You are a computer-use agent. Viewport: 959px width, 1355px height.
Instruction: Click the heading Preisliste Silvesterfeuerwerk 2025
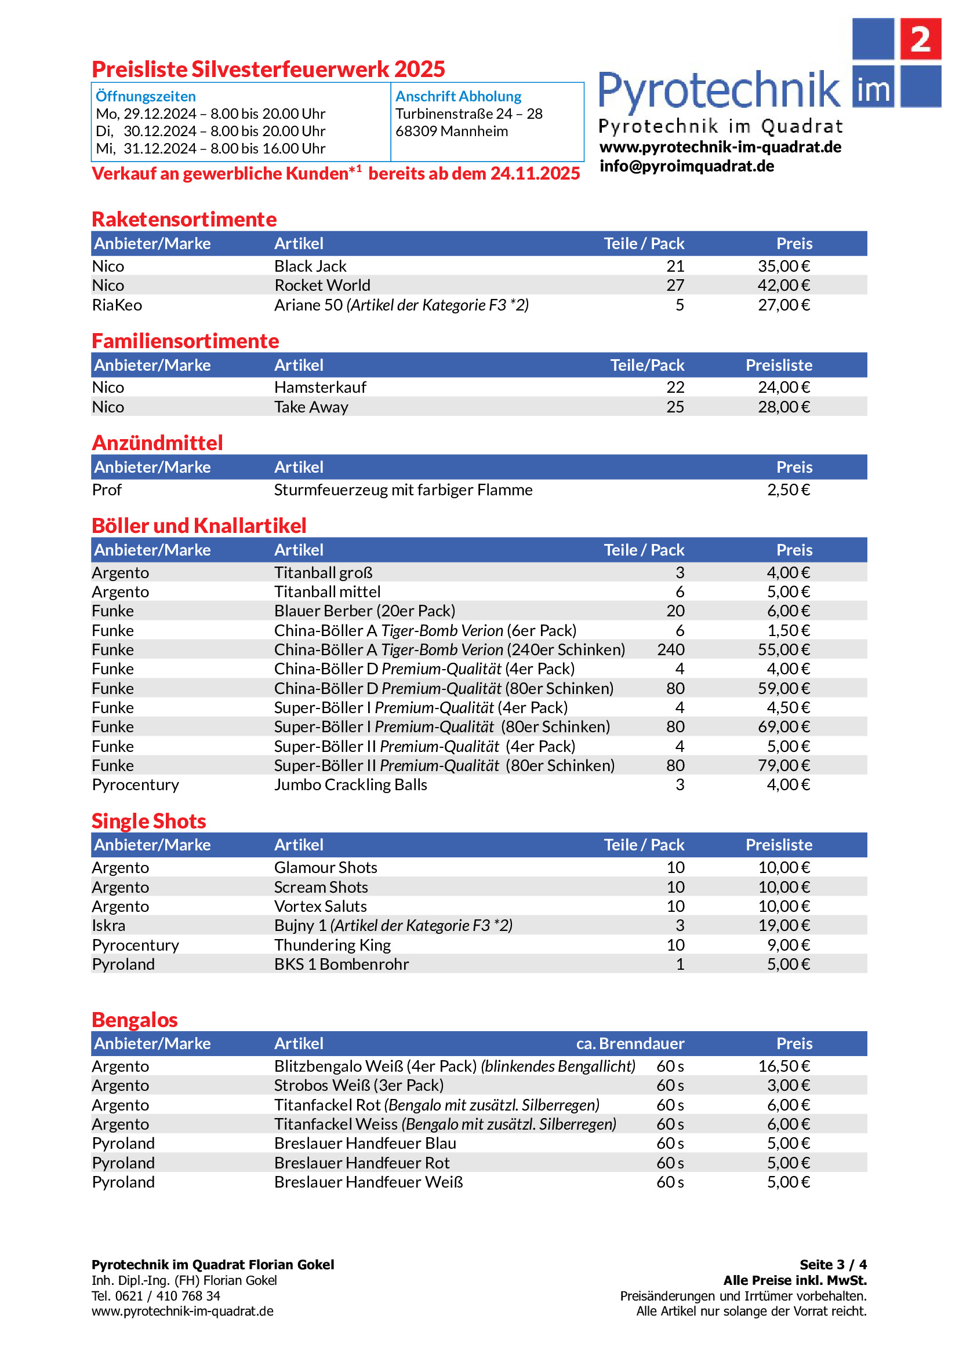(268, 69)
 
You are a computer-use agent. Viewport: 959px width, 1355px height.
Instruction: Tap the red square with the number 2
(920, 39)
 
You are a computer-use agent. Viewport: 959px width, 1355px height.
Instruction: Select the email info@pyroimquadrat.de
(686, 166)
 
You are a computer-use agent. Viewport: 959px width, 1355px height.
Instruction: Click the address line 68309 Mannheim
(451, 131)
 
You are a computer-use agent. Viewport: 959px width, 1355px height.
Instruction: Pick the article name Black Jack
(310, 266)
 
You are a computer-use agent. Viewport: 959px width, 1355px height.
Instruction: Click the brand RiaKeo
(117, 305)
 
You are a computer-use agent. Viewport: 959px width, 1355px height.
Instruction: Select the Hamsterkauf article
(320, 387)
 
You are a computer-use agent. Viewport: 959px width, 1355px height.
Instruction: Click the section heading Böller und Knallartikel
(199, 526)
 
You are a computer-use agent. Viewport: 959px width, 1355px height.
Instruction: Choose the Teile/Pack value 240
(670, 650)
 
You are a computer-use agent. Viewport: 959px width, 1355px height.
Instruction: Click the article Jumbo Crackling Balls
(350, 785)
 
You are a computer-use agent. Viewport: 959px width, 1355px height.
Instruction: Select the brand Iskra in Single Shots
(108, 925)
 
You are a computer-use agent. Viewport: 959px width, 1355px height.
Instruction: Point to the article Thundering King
(332, 945)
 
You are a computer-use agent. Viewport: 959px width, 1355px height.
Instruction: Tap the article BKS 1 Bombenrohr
(342, 965)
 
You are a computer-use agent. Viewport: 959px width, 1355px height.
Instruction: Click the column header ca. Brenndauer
(630, 1043)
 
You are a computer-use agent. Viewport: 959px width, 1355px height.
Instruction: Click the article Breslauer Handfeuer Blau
(365, 1143)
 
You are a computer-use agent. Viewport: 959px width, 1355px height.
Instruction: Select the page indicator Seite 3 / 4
(833, 1265)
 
